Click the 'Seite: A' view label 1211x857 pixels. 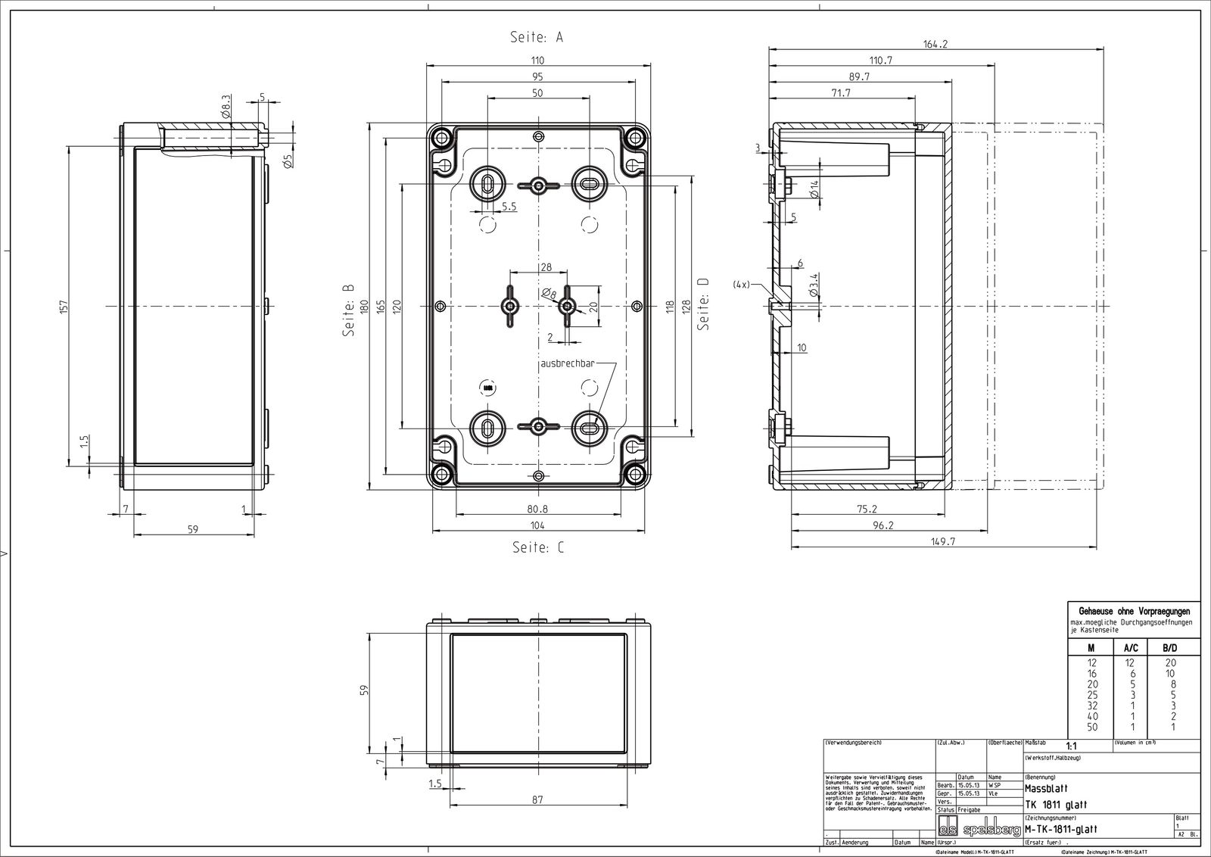(537, 37)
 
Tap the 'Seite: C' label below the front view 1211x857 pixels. (537, 547)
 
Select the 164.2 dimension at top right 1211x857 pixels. (935, 45)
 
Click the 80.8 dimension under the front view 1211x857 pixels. (537, 509)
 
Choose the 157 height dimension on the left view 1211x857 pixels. (64, 306)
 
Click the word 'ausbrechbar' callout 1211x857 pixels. (567, 363)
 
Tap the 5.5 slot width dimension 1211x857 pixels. (509, 206)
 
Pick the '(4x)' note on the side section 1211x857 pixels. (741, 285)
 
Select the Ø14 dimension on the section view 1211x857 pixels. (814, 189)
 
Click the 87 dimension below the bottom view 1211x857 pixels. (537, 799)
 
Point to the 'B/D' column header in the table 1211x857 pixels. (1169, 648)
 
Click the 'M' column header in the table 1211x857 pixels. (1091, 648)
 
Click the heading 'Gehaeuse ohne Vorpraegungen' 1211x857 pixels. (1134, 611)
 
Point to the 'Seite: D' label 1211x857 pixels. (703, 303)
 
